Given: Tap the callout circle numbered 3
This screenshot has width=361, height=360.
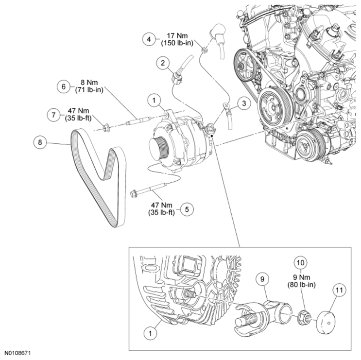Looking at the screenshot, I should point(244,103).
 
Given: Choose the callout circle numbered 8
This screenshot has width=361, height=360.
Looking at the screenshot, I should point(40,142).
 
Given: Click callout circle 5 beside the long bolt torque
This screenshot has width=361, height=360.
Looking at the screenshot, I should point(187,209).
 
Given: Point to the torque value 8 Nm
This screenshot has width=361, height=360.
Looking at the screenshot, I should point(92,83).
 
